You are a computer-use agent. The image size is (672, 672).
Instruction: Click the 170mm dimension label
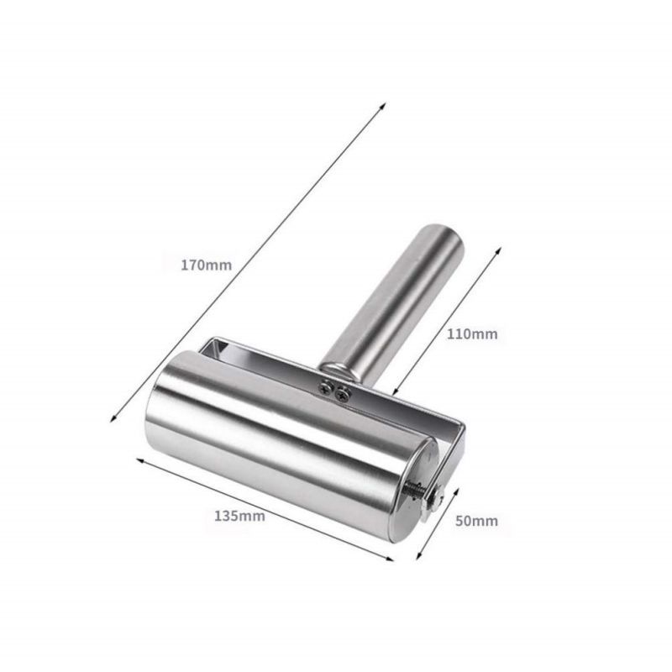point(206,265)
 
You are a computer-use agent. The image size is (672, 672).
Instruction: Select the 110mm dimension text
point(472,333)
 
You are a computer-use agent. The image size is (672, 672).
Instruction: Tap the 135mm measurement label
point(239,516)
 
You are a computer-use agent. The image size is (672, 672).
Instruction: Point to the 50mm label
point(476,521)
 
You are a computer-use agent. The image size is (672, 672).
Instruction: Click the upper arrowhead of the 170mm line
point(383,106)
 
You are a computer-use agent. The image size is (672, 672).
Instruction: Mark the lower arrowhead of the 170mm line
point(113,418)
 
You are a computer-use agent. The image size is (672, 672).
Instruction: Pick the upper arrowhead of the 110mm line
point(497,250)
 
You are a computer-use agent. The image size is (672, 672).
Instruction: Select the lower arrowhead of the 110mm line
point(396,391)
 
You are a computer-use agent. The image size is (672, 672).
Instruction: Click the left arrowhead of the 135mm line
point(140,460)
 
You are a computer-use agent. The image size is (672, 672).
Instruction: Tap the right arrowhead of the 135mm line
point(390,559)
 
